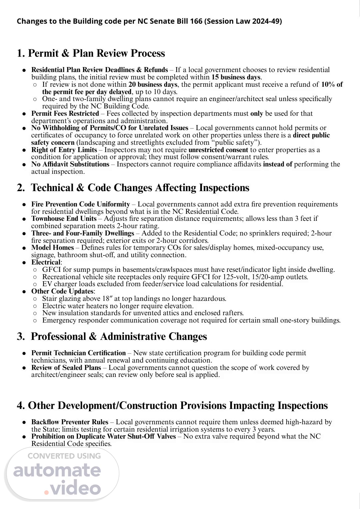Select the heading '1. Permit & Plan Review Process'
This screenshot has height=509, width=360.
tap(91, 53)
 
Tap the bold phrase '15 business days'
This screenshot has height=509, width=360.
tap(236, 77)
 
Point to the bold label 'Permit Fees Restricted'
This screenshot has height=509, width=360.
tap(65, 113)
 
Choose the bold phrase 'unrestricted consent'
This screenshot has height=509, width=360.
tap(218, 150)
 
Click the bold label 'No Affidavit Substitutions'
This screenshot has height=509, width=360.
tap(70, 164)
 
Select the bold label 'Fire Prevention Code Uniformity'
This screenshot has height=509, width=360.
tap(81, 204)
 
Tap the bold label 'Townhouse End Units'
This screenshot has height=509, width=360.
tap(64, 218)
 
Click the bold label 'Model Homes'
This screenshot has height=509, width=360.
tap(53, 247)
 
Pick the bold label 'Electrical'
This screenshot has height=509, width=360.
tap(46, 262)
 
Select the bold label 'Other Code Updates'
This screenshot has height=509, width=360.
tap(62, 291)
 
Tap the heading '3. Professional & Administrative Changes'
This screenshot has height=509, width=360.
tap(112, 337)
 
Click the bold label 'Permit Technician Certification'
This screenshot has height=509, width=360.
tap(79, 353)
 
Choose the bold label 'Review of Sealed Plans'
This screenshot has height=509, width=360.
tap(66, 368)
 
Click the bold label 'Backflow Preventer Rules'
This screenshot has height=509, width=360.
tap(70, 422)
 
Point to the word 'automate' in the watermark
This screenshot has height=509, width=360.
tap(57, 470)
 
